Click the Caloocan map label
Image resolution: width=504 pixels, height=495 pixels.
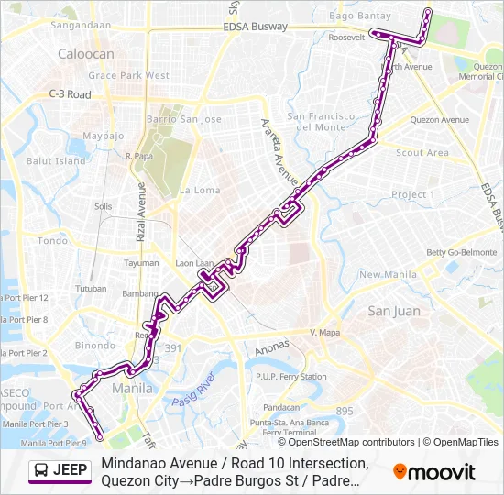[x=86, y=54]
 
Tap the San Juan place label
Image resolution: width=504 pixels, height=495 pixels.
[x=394, y=311]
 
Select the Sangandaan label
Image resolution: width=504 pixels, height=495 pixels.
[x=81, y=26]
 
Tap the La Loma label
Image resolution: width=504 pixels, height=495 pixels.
[x=200, y=191]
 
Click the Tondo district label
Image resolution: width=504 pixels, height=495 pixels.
[x=52, y=241]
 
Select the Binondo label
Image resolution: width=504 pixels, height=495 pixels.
[x=95, y=346]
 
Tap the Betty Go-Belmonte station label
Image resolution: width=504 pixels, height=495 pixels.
[x=461, y=252]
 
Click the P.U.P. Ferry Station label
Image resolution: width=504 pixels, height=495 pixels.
[x=291, y=377]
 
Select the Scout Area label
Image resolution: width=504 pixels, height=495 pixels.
[x=422, y=153]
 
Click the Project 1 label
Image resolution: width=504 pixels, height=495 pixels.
[x=413, y=194]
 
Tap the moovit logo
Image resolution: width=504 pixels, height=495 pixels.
[x=434, y=472]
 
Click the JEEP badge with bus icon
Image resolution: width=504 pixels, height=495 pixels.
[x=60, y=471]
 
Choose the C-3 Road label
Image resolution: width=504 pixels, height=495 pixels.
[x=70, y=94]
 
